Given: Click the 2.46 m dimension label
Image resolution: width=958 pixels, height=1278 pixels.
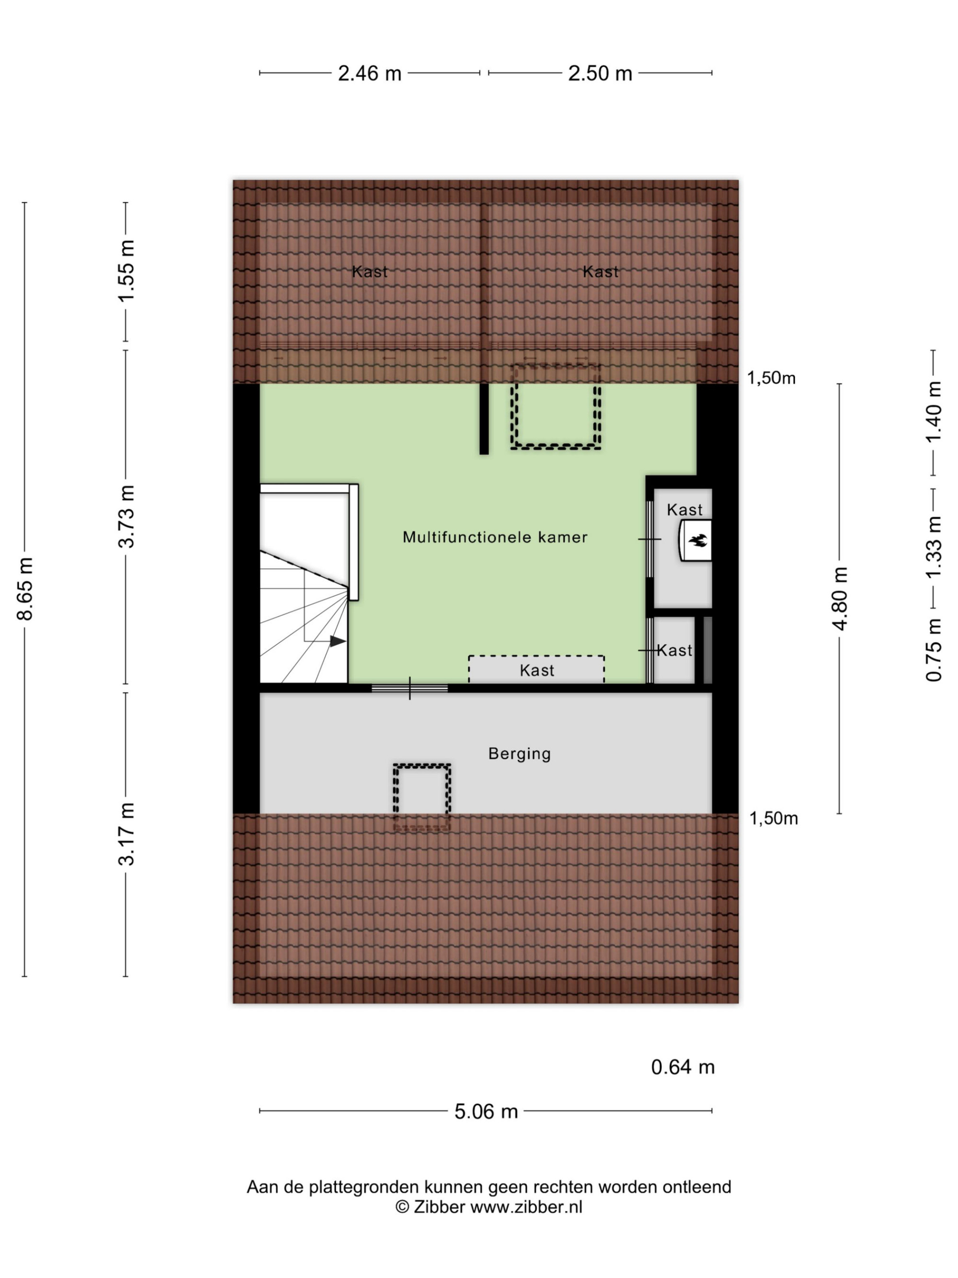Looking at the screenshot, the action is coord(370,73).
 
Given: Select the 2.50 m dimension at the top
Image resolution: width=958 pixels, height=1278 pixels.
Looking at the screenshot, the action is coord(600,73).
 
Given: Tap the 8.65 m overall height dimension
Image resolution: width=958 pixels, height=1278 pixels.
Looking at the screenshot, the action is coord(25,589).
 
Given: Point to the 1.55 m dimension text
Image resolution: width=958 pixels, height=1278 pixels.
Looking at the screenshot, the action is coord(126,270).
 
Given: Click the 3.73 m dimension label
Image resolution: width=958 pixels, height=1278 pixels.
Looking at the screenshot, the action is coord(126,517).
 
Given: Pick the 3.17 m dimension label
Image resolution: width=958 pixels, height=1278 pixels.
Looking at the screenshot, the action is coord(126,834).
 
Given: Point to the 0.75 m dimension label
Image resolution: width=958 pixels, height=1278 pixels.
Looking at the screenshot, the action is coord(933,650).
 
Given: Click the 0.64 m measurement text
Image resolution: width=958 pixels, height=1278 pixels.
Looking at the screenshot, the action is coord(683,1067).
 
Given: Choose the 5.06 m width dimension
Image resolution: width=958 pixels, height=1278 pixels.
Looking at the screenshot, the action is coord(486,1112).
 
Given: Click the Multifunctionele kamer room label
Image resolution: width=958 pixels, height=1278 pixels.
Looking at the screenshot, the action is coord(495,537).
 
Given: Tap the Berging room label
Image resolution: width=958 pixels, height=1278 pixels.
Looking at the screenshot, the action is coord(519,754).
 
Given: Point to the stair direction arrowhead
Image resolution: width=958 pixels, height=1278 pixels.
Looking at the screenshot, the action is coord(338,641).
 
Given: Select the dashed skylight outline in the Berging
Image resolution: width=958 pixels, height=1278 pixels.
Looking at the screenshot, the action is coord(422,798).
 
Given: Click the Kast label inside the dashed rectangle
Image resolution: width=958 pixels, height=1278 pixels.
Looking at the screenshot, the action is coord(536,670).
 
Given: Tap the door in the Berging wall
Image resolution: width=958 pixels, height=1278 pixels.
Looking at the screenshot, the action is coord(410,688).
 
